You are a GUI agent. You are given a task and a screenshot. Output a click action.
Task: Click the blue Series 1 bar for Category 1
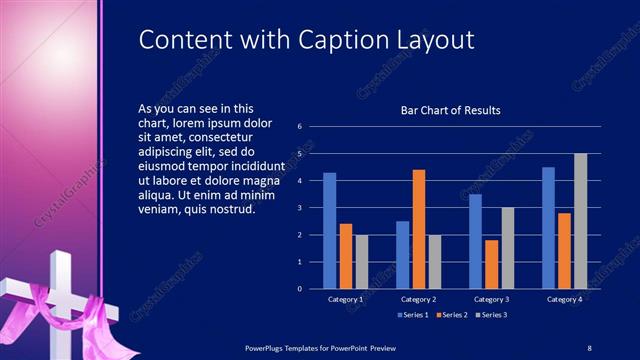pos(329,231)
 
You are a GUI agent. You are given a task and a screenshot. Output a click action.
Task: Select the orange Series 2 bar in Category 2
pos(418,229)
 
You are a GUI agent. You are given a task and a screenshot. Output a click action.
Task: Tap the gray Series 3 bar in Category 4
pos(580,221)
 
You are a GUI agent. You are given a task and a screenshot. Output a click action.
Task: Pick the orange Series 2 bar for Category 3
pos(491,264)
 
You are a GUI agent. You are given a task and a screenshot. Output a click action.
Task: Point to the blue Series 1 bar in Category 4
pos(548,228)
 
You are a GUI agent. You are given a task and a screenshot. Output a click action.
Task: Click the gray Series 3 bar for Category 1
pos(361,262)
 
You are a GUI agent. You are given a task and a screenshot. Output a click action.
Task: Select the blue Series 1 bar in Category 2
pos(402,255)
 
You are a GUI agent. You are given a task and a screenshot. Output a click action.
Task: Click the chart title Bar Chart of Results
pos(451,110)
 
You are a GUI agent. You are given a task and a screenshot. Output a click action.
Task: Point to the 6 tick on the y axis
pos(300,127)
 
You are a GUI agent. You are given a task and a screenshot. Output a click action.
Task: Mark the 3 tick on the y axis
pos(300,208)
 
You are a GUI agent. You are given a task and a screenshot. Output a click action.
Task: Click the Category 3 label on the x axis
pos(491,299)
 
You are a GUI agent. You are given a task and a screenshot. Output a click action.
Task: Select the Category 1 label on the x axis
pos(345,299)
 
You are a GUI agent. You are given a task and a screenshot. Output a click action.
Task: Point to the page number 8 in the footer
pos(590,346)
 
